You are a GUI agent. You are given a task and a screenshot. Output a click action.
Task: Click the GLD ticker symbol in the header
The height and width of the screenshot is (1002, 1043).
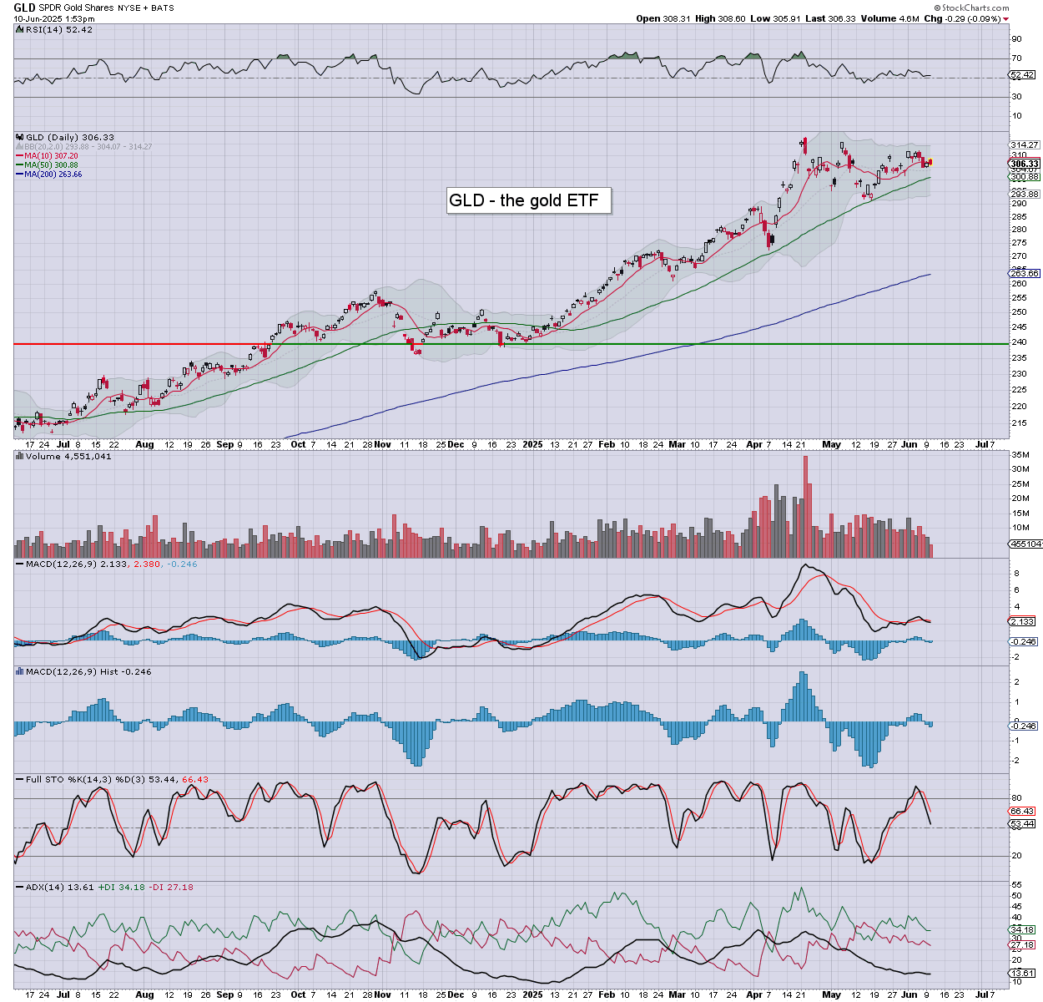(25, 8)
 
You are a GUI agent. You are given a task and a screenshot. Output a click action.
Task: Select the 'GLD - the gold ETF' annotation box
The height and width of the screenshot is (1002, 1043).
(528, 200)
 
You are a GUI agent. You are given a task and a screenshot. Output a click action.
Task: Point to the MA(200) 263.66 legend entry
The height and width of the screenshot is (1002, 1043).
(53, 174)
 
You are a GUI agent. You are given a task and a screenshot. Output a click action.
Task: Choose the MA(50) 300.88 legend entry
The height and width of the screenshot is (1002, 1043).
(51, 164)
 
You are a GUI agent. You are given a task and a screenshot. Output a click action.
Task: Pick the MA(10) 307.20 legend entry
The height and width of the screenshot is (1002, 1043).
(51, 155)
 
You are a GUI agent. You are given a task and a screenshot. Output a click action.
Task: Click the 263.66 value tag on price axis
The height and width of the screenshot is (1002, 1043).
(1025, 273)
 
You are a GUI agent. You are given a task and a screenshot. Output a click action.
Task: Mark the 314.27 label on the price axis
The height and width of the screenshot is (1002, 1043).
(1024, 145)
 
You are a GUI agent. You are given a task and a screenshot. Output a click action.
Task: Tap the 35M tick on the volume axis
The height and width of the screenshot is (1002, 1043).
(1020, 455)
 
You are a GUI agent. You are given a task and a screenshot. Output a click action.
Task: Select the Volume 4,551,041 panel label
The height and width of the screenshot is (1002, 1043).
(68, 456)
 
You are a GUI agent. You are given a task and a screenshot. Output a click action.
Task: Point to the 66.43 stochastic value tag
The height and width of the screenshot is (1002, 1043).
(1023, 811)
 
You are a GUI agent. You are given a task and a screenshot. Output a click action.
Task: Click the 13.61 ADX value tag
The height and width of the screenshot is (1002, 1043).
(1023, 974)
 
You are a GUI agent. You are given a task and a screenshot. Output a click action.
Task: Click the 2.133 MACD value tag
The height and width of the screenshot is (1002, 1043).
(1022, 621)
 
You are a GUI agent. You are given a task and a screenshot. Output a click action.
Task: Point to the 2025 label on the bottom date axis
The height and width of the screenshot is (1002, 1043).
(532, 994)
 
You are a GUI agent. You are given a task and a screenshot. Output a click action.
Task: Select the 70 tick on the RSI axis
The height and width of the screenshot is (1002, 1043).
(1016, 58)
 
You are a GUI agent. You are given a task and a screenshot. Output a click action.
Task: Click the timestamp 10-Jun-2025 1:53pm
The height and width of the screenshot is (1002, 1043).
(53, 18)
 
